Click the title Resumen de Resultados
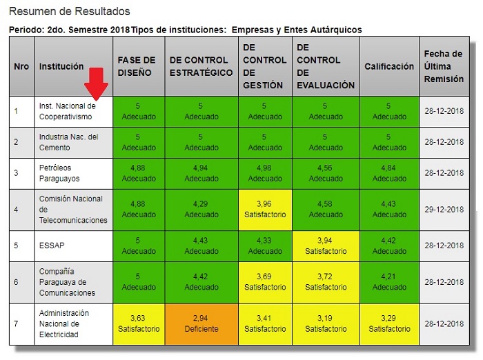pyautogui.click(x=70, y=12)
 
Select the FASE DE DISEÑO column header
pyautogui.click(x=137, y=66)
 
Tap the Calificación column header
pyautogui.click(x=389, y=66)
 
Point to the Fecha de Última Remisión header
pyautogui.click(x=444, y=66)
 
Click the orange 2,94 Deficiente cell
pyautogui.click(x=200, y=323)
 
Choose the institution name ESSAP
pyautogui.click(x=52, y=246)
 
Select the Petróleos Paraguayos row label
pyautogui.click(x=60, y=173)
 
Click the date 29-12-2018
pyautogui.click(x=444, y=210)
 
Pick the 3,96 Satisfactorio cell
pyautogui.click(x=264, y=210)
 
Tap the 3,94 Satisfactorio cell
pyautogui.click(x=326, y=246)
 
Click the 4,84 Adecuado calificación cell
pyautogui.click(x=389, y=173)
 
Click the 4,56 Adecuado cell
pyautogui.click(x=326, y=173)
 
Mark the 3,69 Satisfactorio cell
pyautogui.click(x=264, y=282)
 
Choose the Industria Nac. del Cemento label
pyautogui.click(x=69, y=142)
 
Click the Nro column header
pyautogui.click(x=21, y=66)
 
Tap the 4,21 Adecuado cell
pyautogui.click(x=389, y=282)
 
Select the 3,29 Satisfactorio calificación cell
pyautogui.click(x=389, y=323)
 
